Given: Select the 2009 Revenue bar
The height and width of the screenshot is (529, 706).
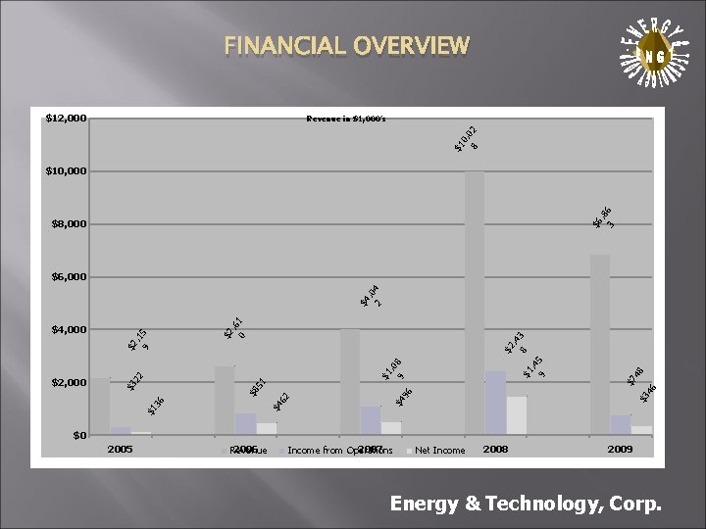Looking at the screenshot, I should click(599, 344).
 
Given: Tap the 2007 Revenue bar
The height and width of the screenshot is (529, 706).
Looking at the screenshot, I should click(349, 381).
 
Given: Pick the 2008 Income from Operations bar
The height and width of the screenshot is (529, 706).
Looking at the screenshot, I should click(495, 402).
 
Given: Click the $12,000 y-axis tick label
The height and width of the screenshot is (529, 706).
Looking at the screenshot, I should click(66, 119).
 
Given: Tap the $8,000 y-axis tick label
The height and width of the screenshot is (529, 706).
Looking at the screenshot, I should click(69, 224).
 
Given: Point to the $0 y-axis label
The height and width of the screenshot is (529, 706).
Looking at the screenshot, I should click(79, 435).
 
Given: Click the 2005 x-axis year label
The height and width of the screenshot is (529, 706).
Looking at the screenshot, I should click(120, 449).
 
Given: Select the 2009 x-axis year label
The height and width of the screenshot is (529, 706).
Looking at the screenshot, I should click(619, 449).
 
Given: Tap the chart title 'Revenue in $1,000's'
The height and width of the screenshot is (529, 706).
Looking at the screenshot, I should click(346, 119).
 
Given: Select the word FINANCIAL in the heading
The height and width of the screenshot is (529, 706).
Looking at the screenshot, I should click(277, 45).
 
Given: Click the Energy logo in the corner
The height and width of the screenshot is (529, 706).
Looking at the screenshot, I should click(648, 56).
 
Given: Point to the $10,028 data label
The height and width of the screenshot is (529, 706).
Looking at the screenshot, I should click(466, 138).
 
